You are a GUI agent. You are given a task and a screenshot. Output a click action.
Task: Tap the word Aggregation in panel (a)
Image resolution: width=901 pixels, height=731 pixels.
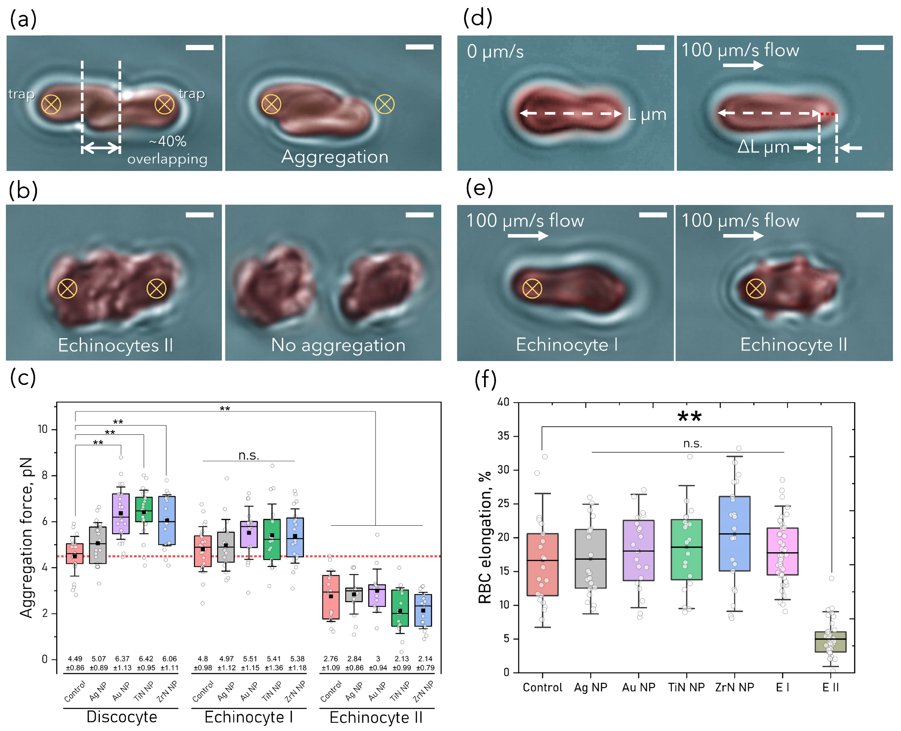click(335, 157)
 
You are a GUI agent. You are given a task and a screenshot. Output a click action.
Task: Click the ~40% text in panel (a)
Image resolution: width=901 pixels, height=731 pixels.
click(168, 142)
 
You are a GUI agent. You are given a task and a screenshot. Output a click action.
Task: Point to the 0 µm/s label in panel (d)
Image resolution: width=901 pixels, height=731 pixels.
click(495, 52)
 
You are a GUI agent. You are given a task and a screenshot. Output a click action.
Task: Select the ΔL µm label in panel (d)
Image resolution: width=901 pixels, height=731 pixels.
click(763, 147)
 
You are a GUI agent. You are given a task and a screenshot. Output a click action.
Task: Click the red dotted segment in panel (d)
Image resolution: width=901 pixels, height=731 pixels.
click(827, 114)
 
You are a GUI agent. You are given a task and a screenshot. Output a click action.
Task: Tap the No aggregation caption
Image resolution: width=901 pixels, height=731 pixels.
click(338, 345)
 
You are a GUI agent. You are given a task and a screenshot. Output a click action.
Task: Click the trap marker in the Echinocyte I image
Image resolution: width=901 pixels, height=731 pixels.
click(532, 289)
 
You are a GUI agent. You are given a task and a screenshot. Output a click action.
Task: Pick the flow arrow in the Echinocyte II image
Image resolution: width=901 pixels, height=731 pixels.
click(743, 236)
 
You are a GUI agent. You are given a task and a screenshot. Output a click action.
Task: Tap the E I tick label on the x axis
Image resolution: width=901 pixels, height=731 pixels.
click(782, 687)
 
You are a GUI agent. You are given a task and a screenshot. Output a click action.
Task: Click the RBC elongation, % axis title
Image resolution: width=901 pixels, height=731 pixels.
click(485, 537)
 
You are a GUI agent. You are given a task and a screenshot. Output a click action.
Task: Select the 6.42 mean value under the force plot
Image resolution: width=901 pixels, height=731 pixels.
click(146, 658)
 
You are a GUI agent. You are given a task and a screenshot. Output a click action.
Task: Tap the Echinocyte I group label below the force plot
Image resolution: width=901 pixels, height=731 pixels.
click(249, 717)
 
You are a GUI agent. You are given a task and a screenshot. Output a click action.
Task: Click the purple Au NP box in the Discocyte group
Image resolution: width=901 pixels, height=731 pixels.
click(121, 514)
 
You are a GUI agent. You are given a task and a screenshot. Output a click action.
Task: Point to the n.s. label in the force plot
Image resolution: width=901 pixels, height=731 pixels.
click(249, 456)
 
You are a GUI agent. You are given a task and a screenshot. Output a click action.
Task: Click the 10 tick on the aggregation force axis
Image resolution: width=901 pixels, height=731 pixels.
click(43, 429)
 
